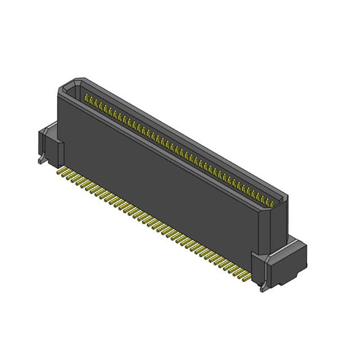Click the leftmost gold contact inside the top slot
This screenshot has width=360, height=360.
coord(86,99)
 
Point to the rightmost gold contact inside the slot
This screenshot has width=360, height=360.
coord(274,203)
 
